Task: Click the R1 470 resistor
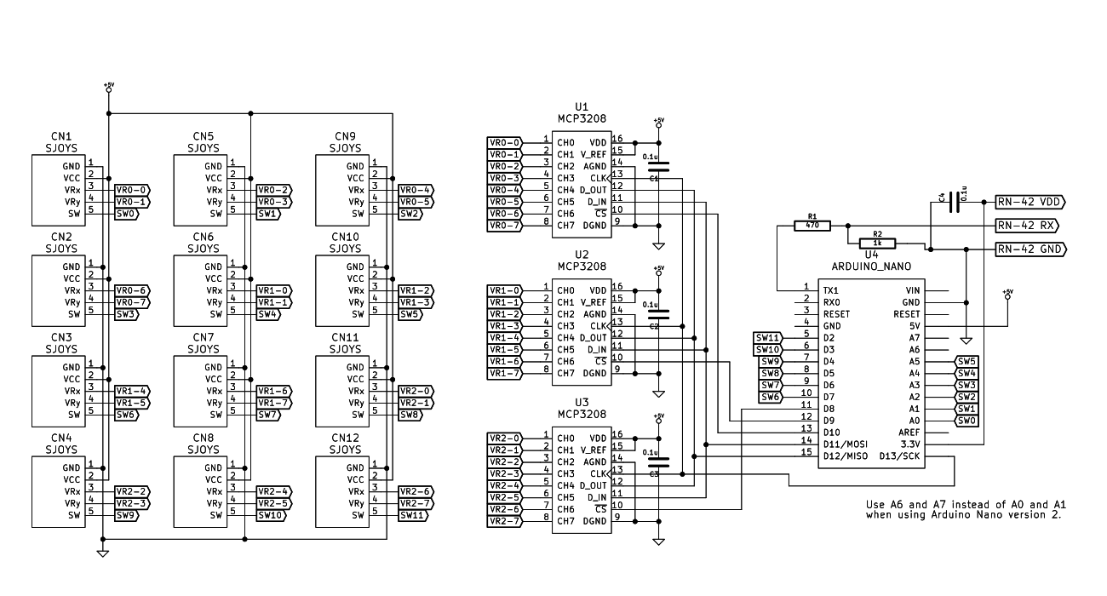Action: (x=812, y=226)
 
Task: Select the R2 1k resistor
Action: (x=878, y=243)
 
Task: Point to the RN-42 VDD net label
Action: (x=1030, y=202)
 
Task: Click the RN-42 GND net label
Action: (x=1030, y=249)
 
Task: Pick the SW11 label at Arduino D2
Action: (x=768, y=338)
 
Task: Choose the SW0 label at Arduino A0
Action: (x=966, y=421)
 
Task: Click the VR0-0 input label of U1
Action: (x=504, y=142)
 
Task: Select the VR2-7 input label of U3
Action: (x=504, y=520)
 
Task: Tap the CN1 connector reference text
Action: (x=61, y=136)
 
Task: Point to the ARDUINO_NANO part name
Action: (x=871, y=266)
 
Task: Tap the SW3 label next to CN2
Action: (x=126, y=314)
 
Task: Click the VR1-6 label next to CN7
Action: (x=273, y=390)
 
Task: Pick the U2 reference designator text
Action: (x=582, y=254)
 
